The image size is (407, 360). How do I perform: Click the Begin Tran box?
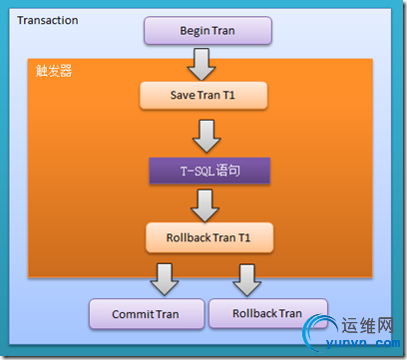tap(208, 30)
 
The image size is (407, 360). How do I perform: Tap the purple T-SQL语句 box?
tap(208, 171)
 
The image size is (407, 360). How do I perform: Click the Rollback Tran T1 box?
tap(208, 238)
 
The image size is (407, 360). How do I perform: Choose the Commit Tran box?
tap(146, 314)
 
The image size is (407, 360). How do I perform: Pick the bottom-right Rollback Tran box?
tap(267, 313)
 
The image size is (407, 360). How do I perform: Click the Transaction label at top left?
tap(48, 20)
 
